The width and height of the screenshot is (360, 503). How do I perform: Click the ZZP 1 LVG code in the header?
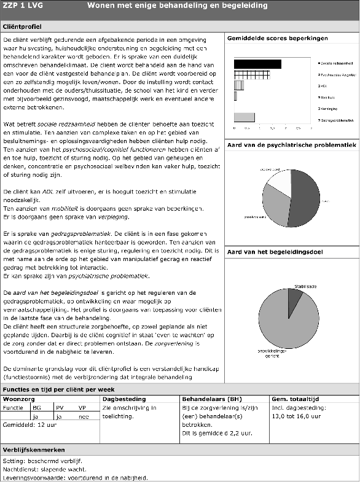21,6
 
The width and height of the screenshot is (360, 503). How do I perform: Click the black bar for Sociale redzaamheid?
257,64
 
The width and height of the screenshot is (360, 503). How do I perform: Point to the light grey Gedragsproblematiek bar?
245,117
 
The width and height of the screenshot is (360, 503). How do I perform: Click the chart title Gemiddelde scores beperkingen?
277,39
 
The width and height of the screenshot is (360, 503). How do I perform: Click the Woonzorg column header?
20,399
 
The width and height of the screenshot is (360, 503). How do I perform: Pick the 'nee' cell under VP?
83,416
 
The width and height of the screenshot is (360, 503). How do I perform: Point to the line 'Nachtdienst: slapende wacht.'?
43,469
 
